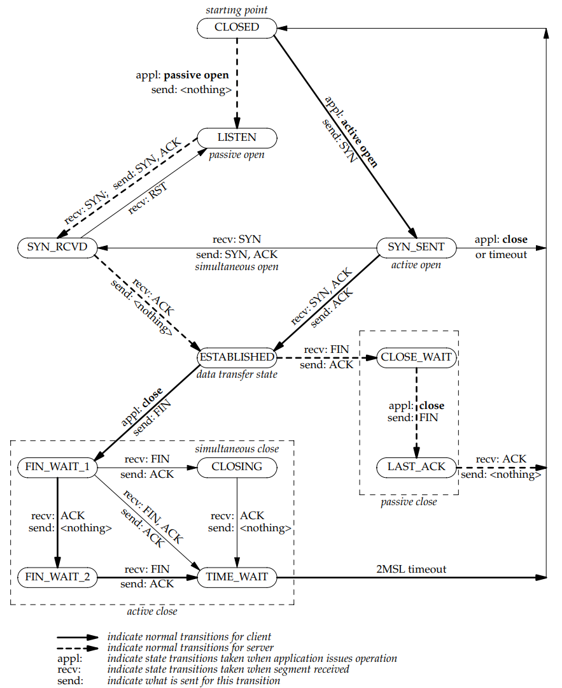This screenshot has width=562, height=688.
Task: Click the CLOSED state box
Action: point(237,27)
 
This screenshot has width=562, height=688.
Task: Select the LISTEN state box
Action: point(237,138)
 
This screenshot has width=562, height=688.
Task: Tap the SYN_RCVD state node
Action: point(57,247)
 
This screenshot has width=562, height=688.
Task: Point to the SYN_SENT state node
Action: point(416,247)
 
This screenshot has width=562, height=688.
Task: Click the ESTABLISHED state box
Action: point(237,357)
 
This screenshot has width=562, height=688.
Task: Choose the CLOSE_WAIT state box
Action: point(416,357)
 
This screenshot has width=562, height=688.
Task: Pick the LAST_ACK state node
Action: point(416,468)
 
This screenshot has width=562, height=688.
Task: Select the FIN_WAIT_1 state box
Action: point(57,468)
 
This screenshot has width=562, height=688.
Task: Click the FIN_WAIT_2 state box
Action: point(57,577)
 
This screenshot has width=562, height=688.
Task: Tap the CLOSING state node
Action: point(237,468)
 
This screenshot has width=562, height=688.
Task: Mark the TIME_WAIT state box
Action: point(237,577)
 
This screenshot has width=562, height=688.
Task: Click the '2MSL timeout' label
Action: point(411,569)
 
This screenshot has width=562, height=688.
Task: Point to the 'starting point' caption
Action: point(237,10)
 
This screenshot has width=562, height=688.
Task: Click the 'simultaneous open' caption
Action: point(237,267)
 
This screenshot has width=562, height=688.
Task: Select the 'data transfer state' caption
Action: point(237,375)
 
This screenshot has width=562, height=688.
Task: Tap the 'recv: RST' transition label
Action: point(148,198)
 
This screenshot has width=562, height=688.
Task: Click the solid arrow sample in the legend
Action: point(78,637)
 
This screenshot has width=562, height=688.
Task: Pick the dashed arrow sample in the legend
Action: point(78,648)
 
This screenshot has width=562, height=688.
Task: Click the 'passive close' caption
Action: point(409,502)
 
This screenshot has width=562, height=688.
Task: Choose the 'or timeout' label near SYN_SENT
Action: point(501,254)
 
